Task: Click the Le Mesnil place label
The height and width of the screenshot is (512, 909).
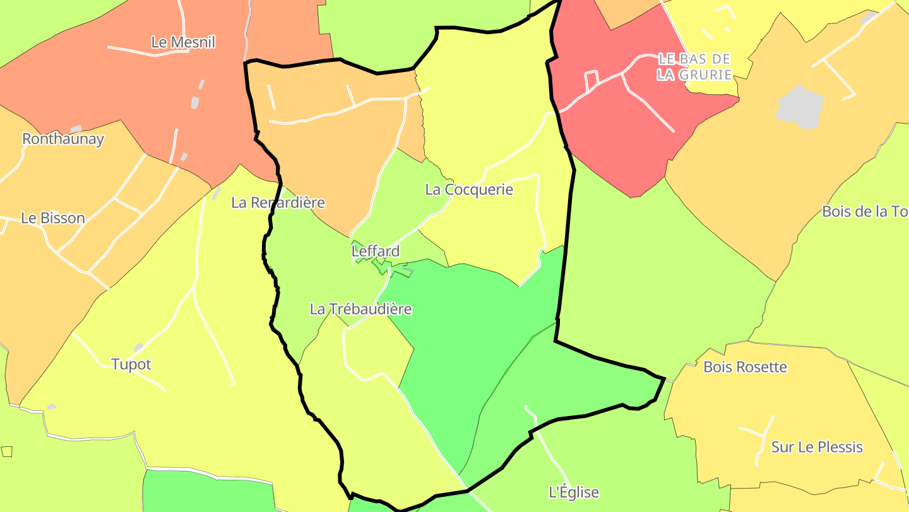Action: (x=183, y=42)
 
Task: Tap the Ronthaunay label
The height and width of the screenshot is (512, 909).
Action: (x=63, y=139)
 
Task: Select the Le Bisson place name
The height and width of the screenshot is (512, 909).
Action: (x=53, y=218)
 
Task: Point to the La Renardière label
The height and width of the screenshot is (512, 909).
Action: (x=278, y=202)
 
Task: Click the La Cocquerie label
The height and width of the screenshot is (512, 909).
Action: (x=469, y=190)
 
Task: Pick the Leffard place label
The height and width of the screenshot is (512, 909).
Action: (x=376, y=251)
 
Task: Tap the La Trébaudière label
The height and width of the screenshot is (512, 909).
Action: (x=360, y=309)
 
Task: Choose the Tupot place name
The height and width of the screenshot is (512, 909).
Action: (x=131, y=364)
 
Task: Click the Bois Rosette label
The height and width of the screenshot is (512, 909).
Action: (x=745, y=367)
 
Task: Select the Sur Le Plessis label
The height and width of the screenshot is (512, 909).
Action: (x=817, y=447)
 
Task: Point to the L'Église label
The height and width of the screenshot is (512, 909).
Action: (x=573, y=492)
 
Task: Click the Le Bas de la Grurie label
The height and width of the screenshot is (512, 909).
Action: (x=694, y=67)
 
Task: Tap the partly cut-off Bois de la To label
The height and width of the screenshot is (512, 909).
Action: (x=865, y=211)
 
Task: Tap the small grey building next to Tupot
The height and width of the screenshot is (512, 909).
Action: (x=138, y=348)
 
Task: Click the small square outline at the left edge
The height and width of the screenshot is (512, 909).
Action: (x=7, y=451)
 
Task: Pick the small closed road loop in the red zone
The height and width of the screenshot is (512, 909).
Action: (x=591, y=81)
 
